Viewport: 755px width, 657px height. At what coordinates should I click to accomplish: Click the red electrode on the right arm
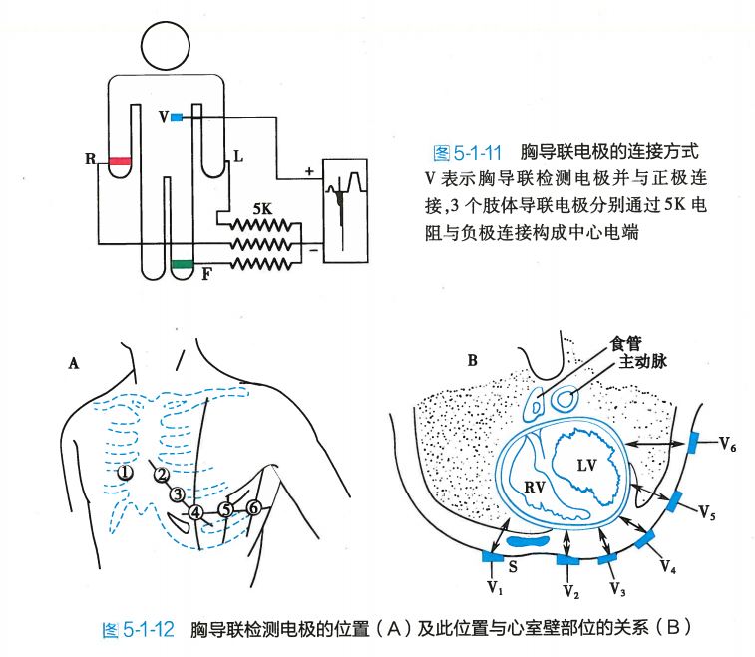click(121, 160)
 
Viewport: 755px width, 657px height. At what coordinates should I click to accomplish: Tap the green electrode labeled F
click(182, 264)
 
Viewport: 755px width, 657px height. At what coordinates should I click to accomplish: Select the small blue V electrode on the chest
click(177, 117)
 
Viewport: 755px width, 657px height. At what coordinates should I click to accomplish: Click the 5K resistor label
click(263, 209)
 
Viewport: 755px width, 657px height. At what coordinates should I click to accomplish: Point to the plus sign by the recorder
click(308, 171)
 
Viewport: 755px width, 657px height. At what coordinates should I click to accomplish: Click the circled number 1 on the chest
click(125, 473)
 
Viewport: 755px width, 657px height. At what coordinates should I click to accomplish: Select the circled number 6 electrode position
click(253, 508)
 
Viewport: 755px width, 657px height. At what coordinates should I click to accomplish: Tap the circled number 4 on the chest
click(197, 513)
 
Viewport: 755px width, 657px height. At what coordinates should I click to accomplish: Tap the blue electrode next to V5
click(675, 499)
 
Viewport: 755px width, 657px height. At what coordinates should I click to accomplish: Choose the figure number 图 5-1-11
click(467, 153)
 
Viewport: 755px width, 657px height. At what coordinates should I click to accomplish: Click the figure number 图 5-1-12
click(140, 629)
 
